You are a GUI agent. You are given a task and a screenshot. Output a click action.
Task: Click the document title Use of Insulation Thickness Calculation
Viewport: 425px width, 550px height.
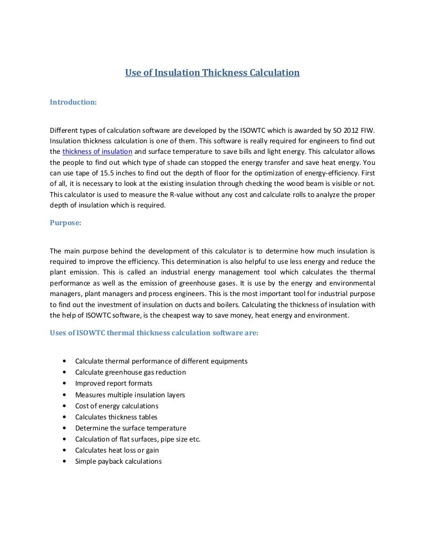coord(212,72)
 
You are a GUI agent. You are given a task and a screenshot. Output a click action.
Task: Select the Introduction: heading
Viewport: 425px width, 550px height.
coord(73,102)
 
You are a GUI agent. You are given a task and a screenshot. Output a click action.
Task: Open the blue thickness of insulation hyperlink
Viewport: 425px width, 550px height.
coord(97,152)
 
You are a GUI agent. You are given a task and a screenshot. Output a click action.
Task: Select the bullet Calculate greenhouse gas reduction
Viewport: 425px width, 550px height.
coord(131,372)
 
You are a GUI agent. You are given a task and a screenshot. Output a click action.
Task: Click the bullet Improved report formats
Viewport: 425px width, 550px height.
coord(114,383)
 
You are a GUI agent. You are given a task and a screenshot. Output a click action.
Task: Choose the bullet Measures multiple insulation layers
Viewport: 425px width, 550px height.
coord(130,395)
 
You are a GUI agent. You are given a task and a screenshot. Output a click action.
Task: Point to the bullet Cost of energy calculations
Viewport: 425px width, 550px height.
coord(117,406)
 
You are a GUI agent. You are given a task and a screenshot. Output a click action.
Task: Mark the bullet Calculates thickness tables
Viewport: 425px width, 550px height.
coord(116,417)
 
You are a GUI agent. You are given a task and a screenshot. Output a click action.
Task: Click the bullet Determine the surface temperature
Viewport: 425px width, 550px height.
coord(131,428)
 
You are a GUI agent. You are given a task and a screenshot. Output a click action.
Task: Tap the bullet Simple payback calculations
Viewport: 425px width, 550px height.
coord(118,461)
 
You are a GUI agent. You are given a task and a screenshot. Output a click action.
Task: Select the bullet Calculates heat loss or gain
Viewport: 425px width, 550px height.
coord(117,450)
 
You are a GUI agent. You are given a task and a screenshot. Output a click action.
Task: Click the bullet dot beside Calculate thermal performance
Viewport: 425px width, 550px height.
coord(65,361)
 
